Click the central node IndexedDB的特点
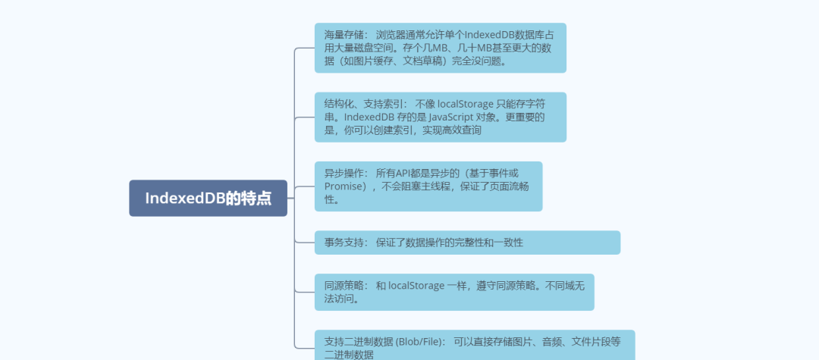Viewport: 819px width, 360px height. pyautogui.click(x=208, y=199)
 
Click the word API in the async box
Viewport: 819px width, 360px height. pyautogui.click(x=418, y=173)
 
